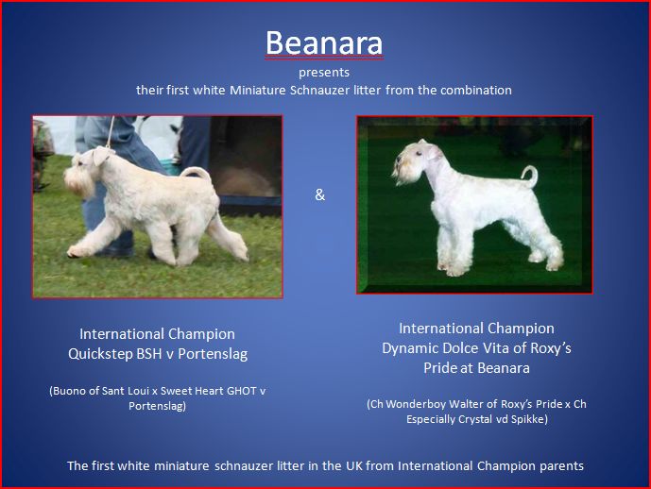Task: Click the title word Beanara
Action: (324, 42)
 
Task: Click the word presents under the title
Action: (324, 73)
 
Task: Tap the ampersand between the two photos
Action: (319, 194)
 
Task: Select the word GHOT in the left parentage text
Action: (242, 391)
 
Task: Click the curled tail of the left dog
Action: (196, 173)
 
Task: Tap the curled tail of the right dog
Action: (531, 176)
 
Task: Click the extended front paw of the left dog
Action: (76, 251)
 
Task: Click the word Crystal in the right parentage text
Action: (494, 419)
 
